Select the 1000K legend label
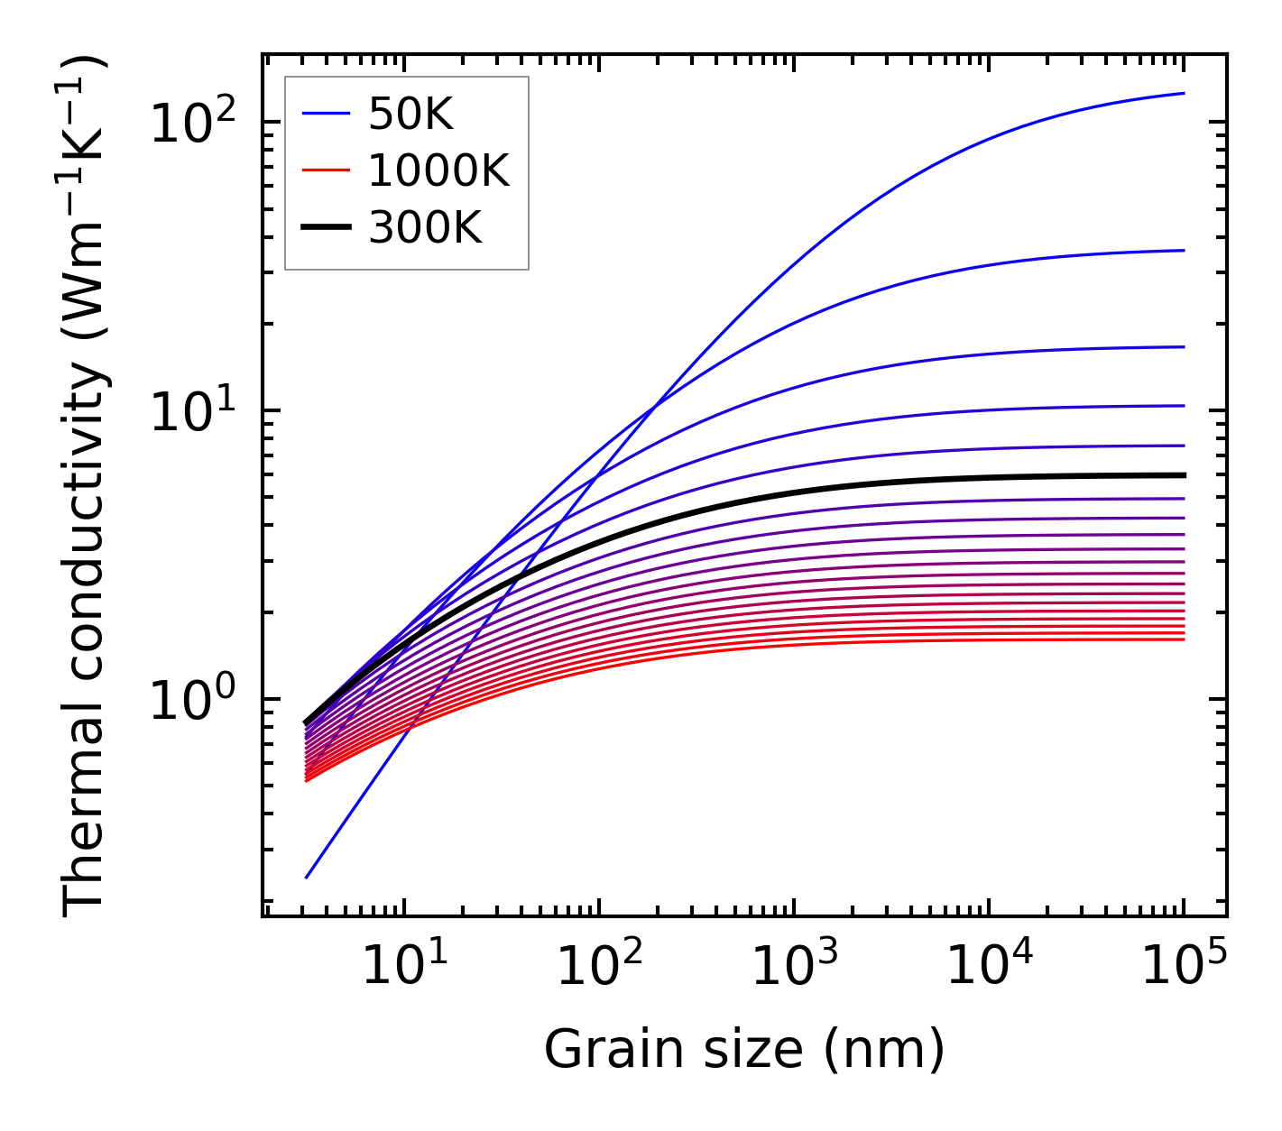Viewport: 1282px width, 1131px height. click(x=438, y=170)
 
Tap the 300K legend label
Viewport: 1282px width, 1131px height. click(x=425, y=228)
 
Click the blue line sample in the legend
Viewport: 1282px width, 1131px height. click(x=325, y=114)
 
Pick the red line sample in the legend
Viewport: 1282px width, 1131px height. click(x=325, y=170)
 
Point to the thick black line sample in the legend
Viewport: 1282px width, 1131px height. click(x=325, y=228)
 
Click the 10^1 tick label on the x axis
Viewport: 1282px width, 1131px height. click(x=404, y=967)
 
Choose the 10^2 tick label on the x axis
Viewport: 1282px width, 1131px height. click(x=599, y=967)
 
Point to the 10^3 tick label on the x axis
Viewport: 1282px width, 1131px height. click(x=794, y=967)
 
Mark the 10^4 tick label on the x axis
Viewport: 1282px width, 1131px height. click(x=989, y=967)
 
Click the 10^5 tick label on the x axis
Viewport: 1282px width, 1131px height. click(x=1184, y=967)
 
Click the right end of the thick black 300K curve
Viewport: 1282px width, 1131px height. click(x=1183, y=475)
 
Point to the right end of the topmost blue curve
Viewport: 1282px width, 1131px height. click(x=1183, y=93)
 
